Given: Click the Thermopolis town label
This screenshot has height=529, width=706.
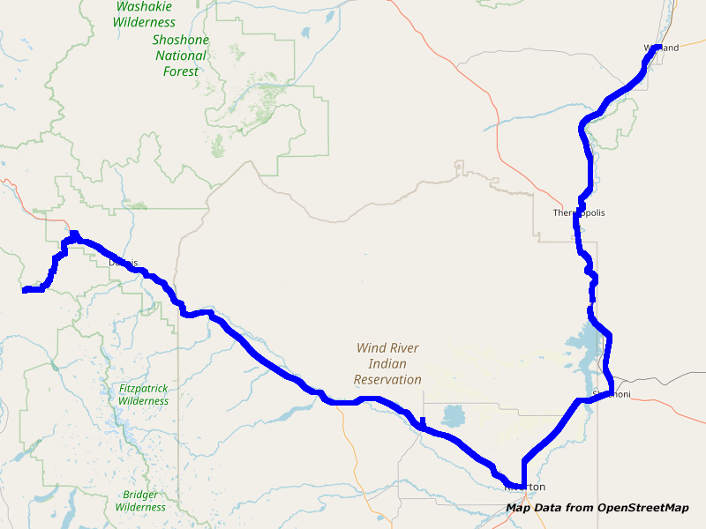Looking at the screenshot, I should pos(579,212).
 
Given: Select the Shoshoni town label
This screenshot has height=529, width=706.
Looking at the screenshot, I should pos(612,394).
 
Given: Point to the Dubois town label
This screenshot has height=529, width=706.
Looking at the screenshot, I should pos(124,262).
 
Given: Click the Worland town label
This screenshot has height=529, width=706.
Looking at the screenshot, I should pos(661,48).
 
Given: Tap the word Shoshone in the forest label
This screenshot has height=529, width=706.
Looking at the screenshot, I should pos(181,41).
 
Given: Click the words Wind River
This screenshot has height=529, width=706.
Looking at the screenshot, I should pos(387,348).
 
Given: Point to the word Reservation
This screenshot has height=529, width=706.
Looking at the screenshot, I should pos(387,380).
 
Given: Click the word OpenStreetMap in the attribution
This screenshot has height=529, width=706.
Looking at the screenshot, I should pos(642,507).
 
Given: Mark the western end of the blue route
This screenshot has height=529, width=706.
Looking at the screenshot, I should pos(24,290).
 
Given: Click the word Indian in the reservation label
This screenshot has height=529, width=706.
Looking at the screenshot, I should pos(388,364).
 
